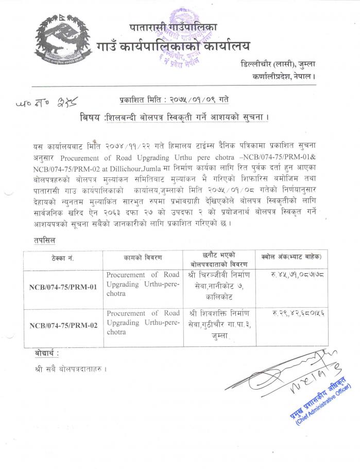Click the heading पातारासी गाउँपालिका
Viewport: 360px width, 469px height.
coord(174,27)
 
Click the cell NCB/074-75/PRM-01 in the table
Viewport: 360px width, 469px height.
coord(63,287)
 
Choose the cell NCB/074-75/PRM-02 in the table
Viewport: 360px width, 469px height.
coord(63,325)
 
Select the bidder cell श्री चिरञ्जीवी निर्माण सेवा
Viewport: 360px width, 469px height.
coord(218,287)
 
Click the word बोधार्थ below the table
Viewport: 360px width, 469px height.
coord(44,354)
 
